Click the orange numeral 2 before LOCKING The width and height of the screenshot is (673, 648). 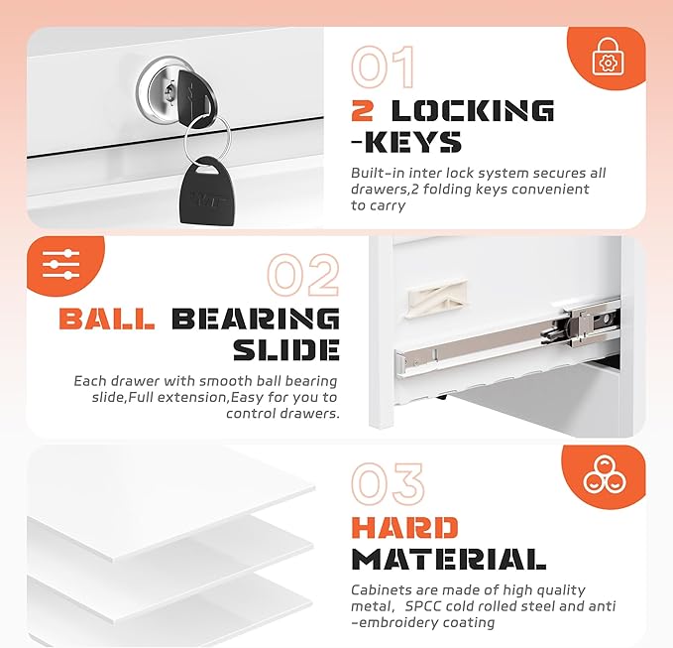click(x=363, y=110)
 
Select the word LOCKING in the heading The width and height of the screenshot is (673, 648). click(x=471, y=110)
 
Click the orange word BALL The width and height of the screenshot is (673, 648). click(x=107, y=319)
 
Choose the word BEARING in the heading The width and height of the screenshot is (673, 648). click(x=256, y=319)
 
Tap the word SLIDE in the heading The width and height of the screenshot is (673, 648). click(x=287, y=349)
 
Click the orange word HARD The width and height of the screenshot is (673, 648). click(x=404, y=528)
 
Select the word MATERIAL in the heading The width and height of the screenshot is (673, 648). click(x=449, y=559)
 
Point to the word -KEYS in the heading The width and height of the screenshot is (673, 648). click(x=406, y=142)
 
